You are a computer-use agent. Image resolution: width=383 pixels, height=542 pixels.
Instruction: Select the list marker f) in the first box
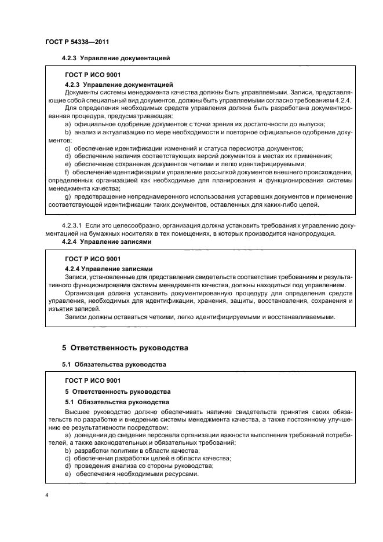tap(67, 171)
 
